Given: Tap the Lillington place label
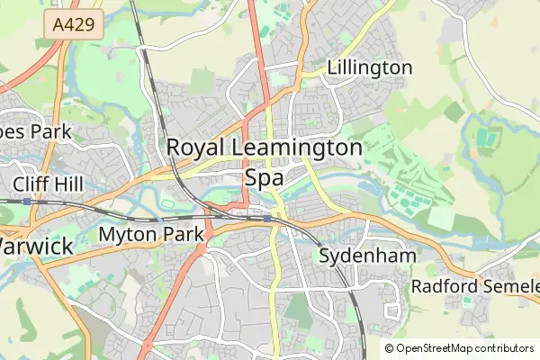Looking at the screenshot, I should point(370,67).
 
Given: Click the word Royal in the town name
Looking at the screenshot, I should point(195,148).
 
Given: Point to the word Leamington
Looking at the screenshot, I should point(297,148).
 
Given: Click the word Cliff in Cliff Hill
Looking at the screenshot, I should point(32,184).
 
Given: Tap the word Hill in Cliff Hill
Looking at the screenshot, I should point(73,184).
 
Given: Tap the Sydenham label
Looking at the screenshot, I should point(368,256).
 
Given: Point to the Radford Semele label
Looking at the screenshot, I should point(474,286).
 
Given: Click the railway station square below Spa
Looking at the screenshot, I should point(267,218).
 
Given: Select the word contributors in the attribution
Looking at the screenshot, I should point(506,348).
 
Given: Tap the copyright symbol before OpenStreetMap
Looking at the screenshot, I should point(389,348).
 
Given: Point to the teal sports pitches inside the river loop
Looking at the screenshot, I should point(485,139).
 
